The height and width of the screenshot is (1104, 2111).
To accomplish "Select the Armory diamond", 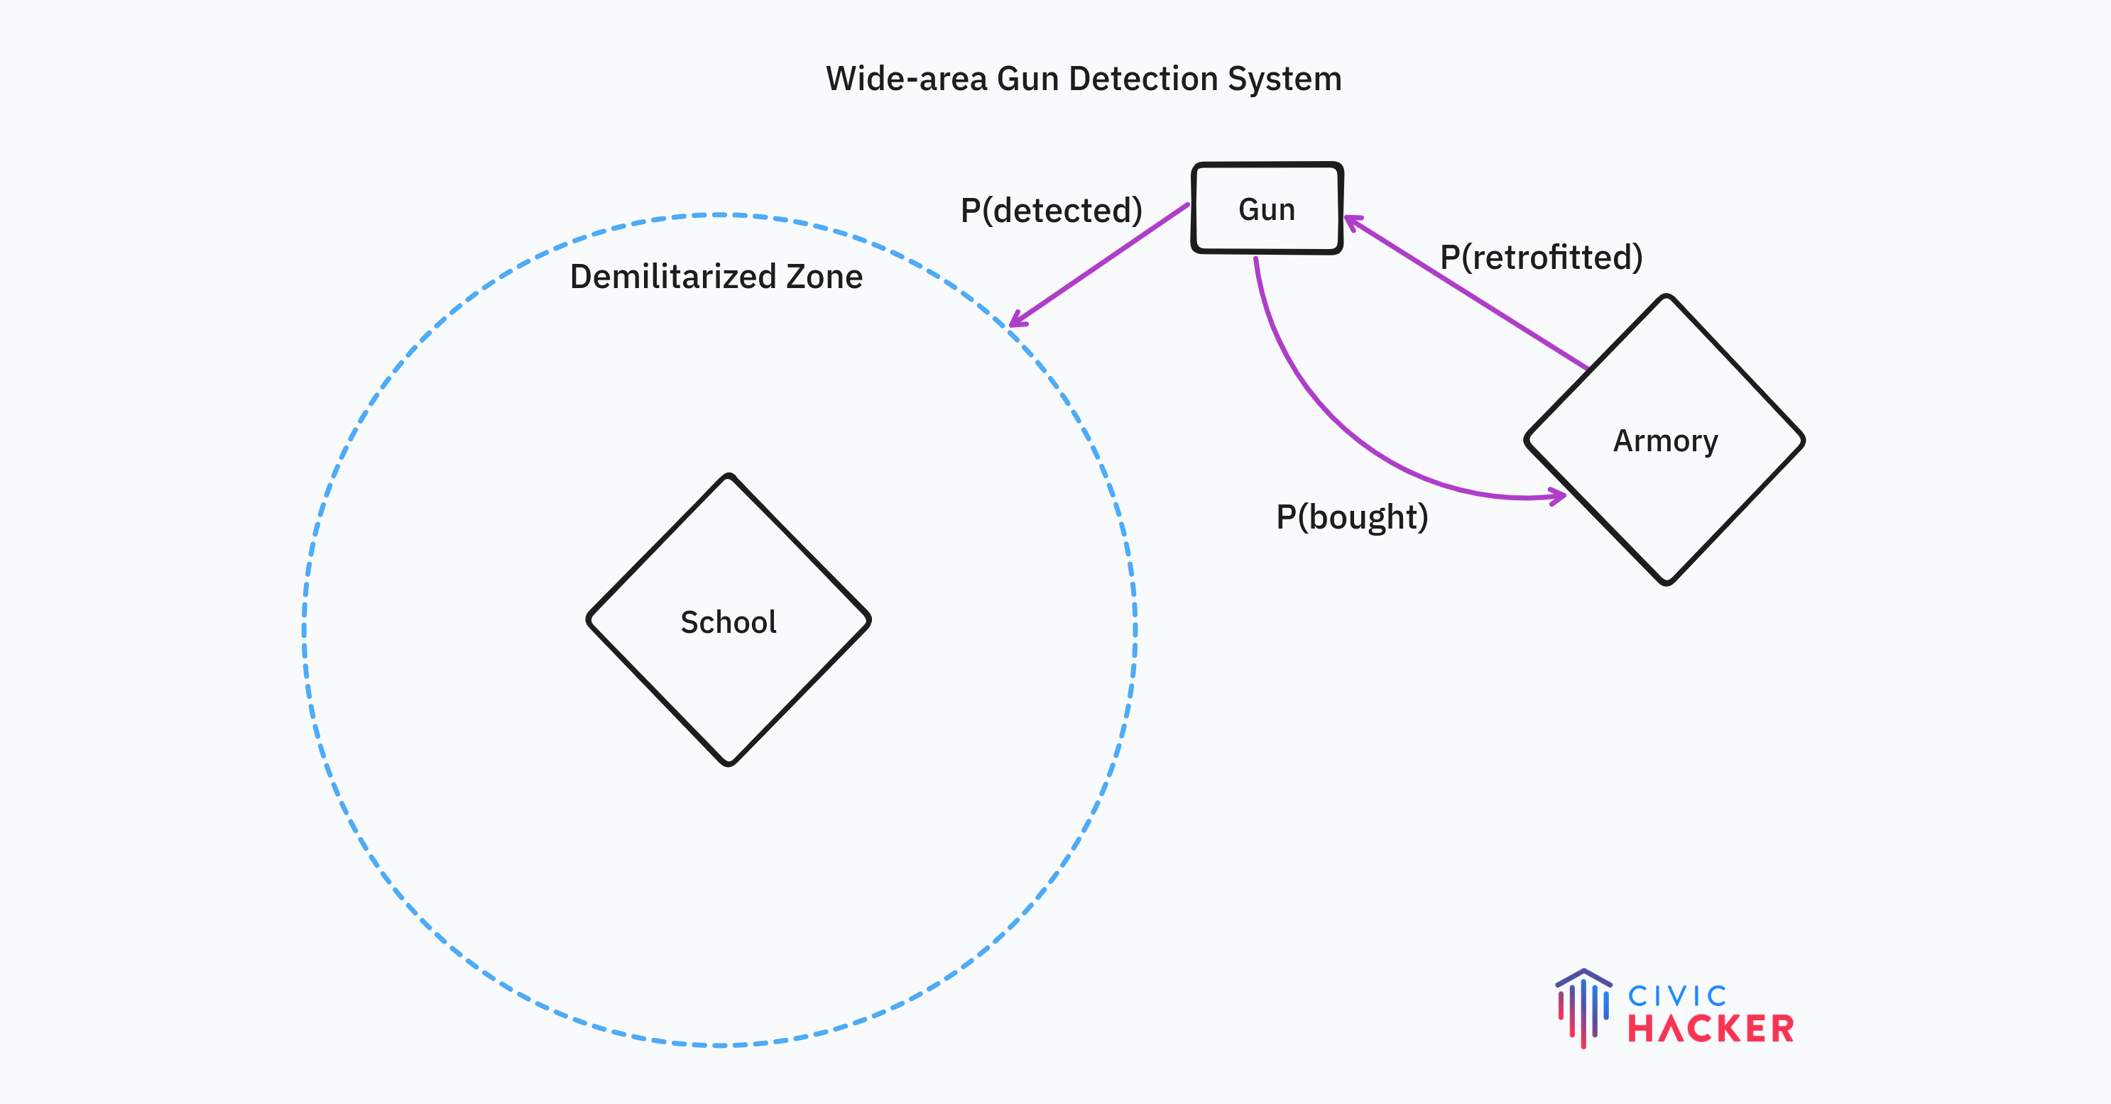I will [1664, 441].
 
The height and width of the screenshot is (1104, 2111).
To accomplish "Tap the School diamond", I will [728, 621].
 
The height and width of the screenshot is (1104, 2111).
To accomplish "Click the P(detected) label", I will [1052, 211].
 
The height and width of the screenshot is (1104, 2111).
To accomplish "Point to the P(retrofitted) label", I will [1541, 257].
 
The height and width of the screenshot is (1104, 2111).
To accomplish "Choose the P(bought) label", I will [1352, 517].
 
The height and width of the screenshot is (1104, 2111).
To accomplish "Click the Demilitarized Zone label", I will [716, 277].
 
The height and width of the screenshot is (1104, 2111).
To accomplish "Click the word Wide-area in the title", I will [905, 79].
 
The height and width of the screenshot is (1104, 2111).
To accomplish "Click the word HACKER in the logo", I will [1711, 1029].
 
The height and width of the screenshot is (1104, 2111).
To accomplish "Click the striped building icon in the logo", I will [1583, 1008].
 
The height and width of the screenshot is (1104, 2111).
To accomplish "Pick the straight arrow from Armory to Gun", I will [1467, 293].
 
